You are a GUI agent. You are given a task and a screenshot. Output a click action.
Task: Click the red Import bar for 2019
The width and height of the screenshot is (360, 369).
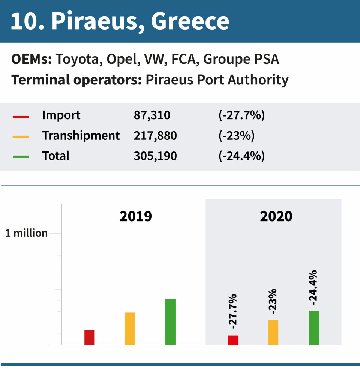(x=89, y=337)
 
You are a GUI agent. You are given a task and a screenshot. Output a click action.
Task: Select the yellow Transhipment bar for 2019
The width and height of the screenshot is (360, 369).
(x=130, y=328)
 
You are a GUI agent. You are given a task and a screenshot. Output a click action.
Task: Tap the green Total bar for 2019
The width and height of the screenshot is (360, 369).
(x=170, y=321)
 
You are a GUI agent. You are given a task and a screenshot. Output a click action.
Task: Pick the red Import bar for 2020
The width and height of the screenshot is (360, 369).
(x=233, y=340)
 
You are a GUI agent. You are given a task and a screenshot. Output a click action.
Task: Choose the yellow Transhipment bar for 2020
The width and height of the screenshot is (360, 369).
(x=273, y=332)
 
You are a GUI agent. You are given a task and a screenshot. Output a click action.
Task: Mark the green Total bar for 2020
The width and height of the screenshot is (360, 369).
(x=314, y=327)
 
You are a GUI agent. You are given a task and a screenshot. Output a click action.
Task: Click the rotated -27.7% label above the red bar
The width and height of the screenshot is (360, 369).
(x=233, y=311)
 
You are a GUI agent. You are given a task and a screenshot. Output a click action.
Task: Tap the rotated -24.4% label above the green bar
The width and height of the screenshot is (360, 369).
(x=313, y=287)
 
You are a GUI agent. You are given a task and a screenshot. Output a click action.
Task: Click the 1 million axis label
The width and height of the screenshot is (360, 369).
(x=26, y=233)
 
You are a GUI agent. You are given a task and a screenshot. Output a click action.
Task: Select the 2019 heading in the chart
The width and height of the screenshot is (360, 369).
(x=136, y=216)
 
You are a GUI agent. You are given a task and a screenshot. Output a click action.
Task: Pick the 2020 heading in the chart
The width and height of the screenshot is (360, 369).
(x=276, y=216)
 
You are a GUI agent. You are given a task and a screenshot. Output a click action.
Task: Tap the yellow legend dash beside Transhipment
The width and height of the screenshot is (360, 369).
(x=21, y=137)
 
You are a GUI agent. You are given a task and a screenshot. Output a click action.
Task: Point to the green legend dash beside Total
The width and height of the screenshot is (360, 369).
(x=21, y=157)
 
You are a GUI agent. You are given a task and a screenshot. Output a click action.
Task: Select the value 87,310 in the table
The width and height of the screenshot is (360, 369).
(x=152, y=115)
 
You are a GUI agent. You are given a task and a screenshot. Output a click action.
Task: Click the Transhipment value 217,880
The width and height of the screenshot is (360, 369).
(x=155, y=136)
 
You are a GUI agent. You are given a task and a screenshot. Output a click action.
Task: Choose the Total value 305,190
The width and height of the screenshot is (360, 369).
(x=155, y=156)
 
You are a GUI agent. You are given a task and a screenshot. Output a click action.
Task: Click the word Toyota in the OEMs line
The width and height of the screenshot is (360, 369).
(x=78, y=60)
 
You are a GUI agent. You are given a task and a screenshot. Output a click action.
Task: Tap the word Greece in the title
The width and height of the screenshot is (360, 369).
(x=190, y=22)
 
